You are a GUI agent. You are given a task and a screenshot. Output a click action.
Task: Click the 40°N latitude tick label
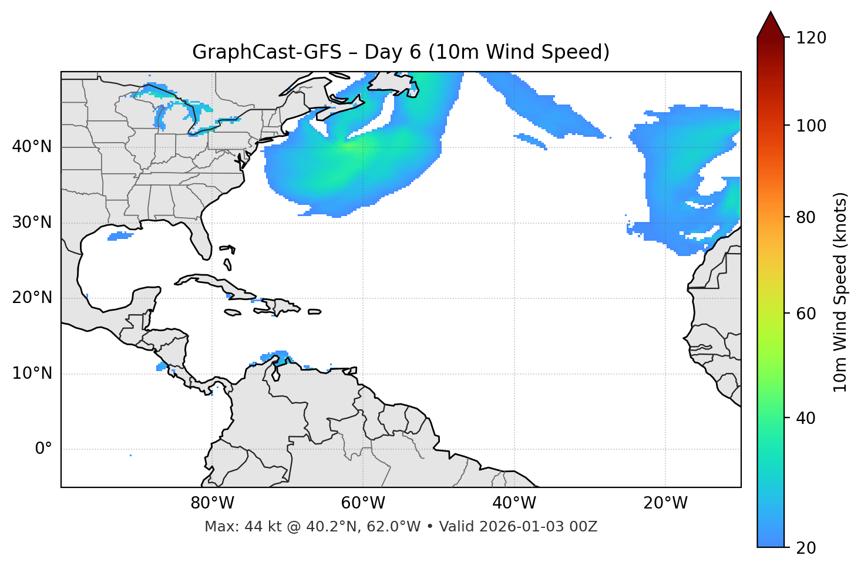point(32,147)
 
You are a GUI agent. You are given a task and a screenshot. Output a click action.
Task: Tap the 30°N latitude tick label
point(32,223)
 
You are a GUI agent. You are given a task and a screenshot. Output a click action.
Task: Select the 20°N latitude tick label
point(32,298)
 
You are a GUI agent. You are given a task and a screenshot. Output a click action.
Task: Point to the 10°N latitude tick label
point(32,373)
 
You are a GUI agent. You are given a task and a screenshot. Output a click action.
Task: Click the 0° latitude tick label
point(43,449)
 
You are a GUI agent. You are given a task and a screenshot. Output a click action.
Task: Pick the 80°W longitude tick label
point(212,503)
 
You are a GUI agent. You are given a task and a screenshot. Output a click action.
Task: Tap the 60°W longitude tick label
point(363,503)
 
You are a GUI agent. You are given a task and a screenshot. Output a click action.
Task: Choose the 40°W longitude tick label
point(514,503)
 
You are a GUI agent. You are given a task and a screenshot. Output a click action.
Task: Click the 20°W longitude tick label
point(665,503)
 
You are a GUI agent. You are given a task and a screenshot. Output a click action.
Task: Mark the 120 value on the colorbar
point(811,38)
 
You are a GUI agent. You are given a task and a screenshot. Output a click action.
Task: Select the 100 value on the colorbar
point(811,126)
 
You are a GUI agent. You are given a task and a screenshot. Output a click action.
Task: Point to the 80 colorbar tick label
point(806,217)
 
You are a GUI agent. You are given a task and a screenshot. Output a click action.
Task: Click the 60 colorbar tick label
point(806,314)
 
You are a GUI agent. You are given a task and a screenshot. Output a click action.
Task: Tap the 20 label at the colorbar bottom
point(806,548)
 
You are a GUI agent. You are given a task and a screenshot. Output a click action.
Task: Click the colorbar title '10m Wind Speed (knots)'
point(840,292)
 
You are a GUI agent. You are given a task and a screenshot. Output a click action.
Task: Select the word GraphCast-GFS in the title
point(267,52)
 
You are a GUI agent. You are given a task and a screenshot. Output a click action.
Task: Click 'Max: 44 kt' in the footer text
point(230,527)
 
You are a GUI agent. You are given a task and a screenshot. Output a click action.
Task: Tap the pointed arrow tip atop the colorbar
point(771,13)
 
